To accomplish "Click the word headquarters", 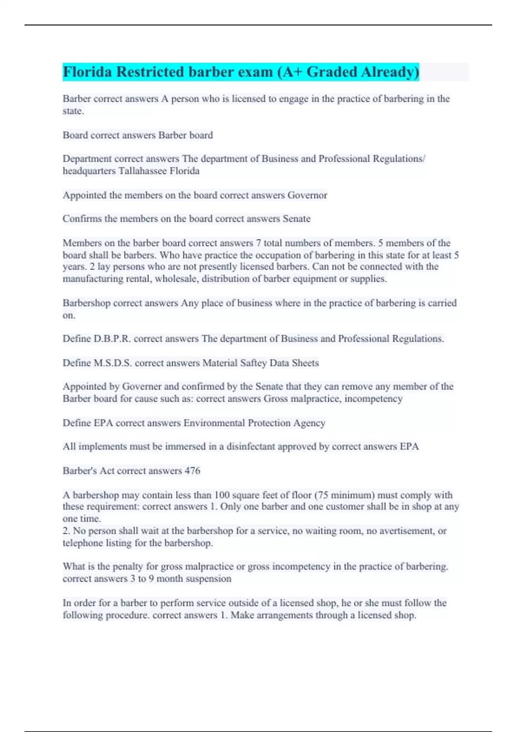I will click(89, 171).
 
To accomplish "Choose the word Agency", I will click(309, 423).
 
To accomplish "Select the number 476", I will click(192, 471).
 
